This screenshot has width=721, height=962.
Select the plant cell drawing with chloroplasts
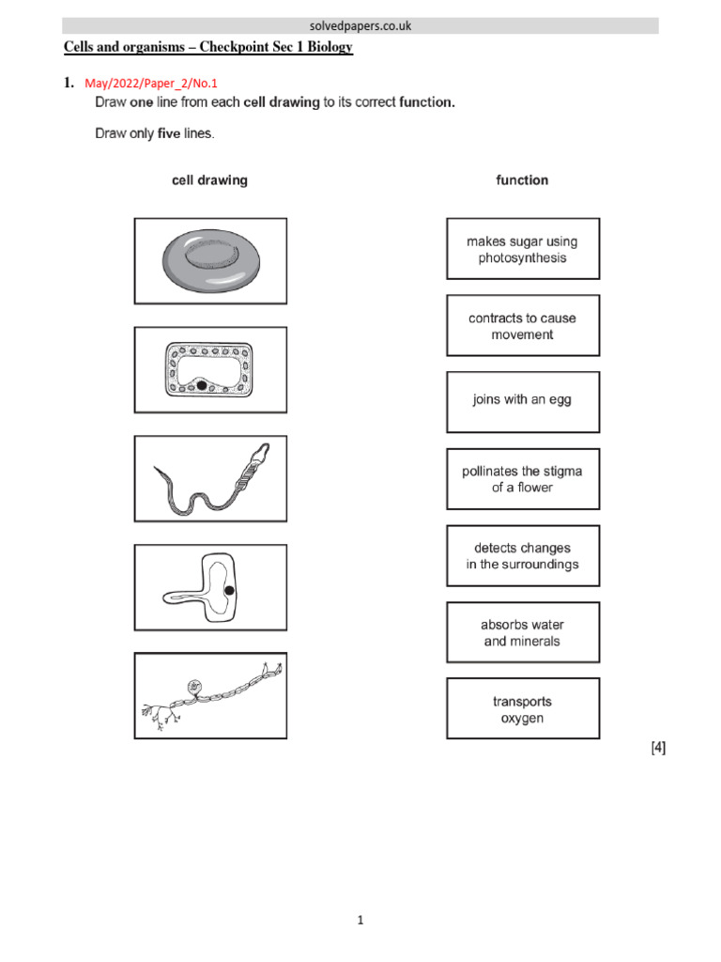point(210,369)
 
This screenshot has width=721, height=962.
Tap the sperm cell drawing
point(210,478)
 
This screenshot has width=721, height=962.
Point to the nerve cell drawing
point(210,696)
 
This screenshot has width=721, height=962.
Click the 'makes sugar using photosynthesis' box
point(522,249)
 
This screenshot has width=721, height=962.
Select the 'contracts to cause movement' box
point(522,326)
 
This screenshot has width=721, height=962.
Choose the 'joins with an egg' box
point(522,400)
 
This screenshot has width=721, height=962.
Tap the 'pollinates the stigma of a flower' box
point(522,479)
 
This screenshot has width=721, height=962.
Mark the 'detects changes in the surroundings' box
point(522,556)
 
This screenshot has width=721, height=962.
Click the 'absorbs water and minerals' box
point(522,632)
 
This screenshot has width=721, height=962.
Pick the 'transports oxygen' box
point(522,709)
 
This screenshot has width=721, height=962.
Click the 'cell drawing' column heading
point(209,180)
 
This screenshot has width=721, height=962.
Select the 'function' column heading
point(522,180)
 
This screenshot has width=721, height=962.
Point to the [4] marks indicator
point(658,748)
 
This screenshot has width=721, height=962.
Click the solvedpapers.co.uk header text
point(360,26)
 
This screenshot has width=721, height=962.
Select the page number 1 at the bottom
point(360,921)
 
